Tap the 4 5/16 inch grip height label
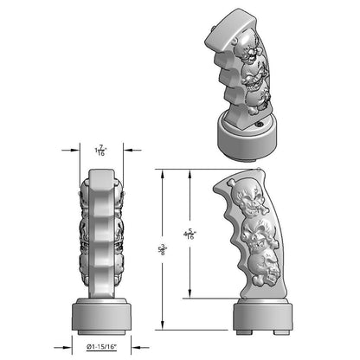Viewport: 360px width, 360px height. pos(190,234)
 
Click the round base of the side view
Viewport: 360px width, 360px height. pos(260,315)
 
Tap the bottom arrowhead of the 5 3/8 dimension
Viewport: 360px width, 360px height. pos(162,328)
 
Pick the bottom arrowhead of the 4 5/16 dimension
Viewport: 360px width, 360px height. pos(190,297)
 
